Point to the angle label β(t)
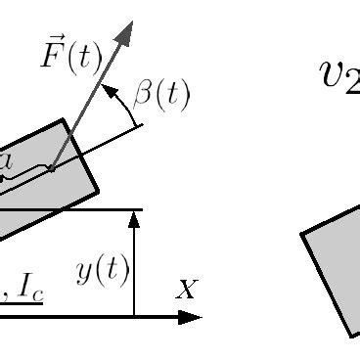point(162,96)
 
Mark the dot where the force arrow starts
point(51,169)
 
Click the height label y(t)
point(103,271)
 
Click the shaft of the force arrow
point(88,98)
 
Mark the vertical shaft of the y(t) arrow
point(135,269)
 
